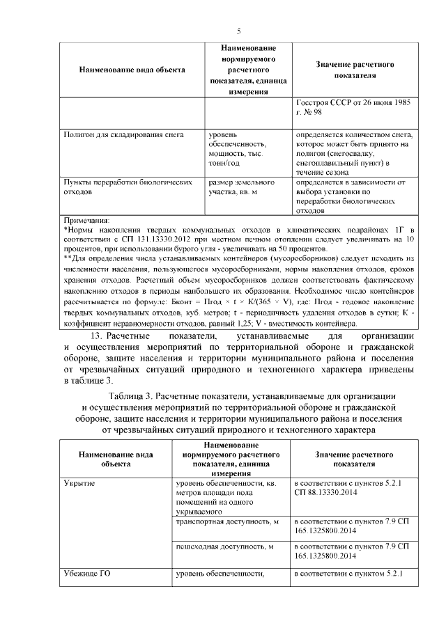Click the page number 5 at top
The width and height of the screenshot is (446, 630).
pos(238,31)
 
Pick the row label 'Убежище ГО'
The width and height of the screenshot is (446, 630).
pos(87,574)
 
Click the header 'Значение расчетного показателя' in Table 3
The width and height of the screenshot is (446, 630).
pos(354,459)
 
